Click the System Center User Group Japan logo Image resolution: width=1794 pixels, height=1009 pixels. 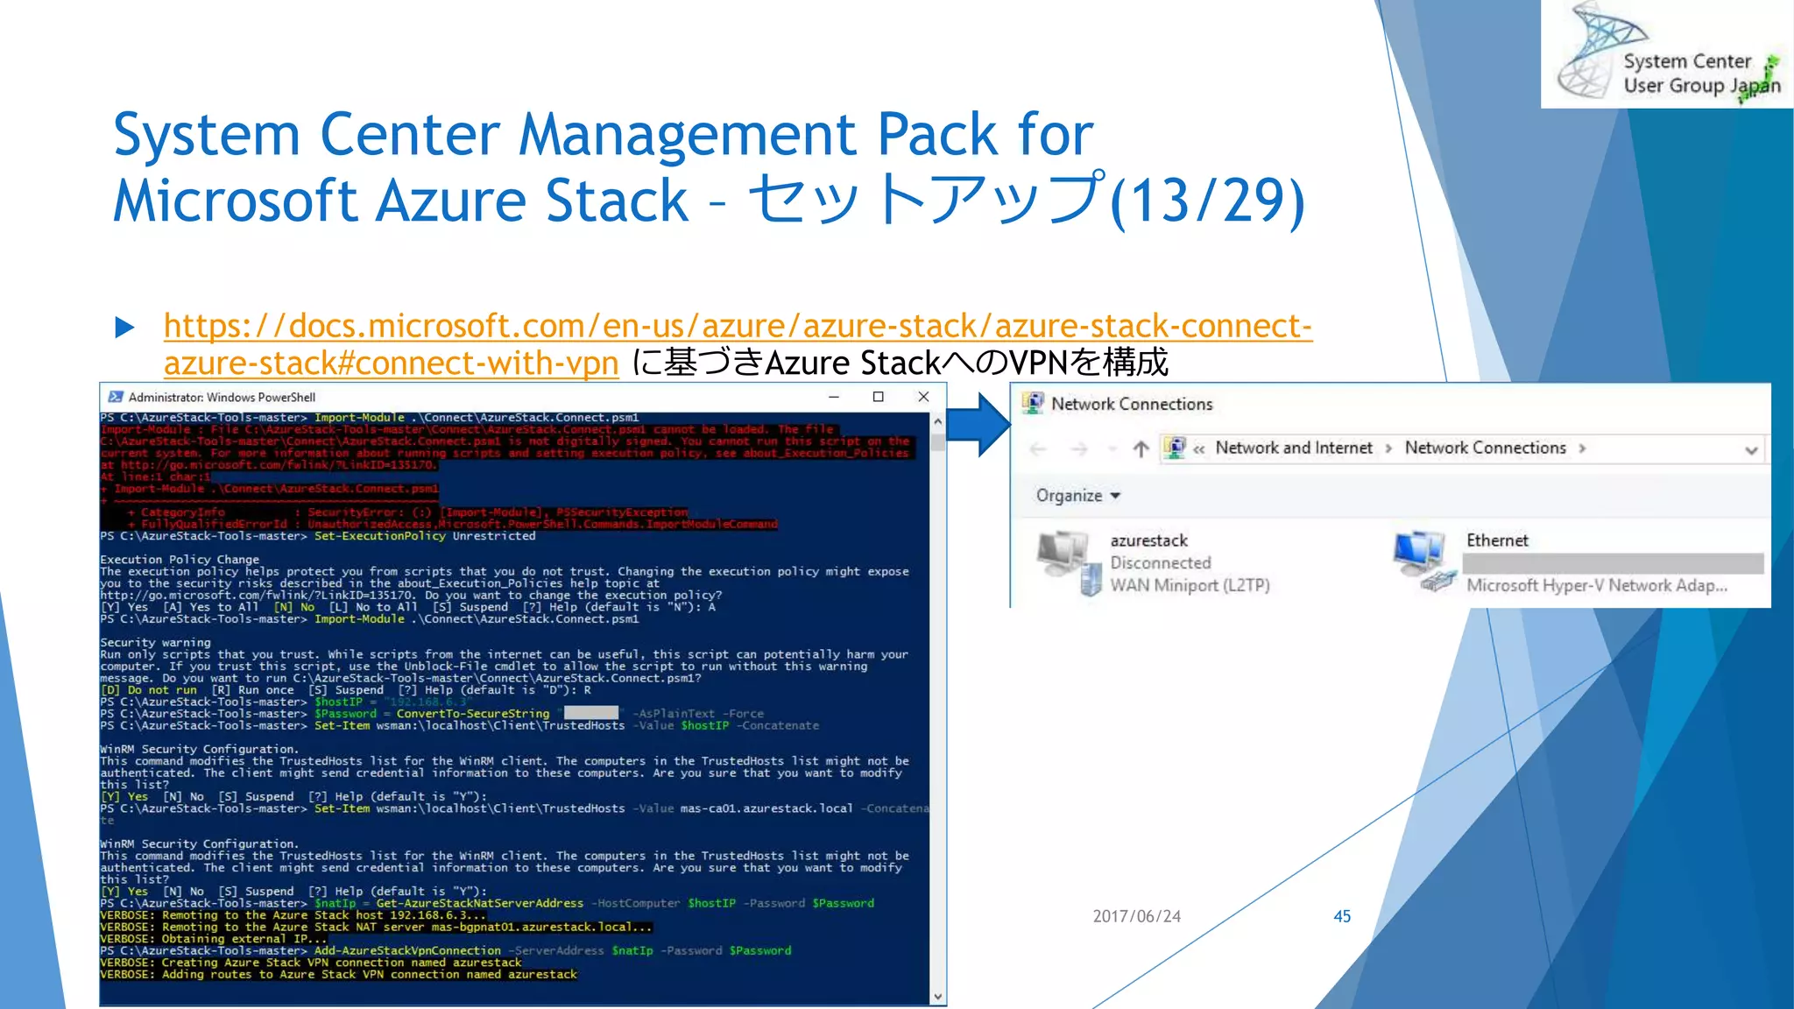[1667, 54]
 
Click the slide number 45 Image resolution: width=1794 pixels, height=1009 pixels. [1341, 916]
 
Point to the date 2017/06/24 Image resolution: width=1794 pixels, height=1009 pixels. [1136, 916]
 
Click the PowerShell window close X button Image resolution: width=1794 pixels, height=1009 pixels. [923, 397]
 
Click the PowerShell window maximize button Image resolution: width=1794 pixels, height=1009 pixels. [878, 397]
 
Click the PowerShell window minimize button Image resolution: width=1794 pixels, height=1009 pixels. [834, 397]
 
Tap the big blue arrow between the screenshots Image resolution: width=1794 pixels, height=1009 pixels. [978, 425]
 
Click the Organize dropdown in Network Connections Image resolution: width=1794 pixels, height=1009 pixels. [1077, 496]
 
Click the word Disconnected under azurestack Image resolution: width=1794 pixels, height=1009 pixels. [1161, 563]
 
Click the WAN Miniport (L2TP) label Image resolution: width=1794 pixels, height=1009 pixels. [1190, 585]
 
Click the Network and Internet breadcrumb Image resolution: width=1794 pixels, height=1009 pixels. [1293, 448]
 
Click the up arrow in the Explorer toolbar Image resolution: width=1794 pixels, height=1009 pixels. [1140, 449]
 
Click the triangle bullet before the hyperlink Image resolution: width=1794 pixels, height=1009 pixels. [124, 328]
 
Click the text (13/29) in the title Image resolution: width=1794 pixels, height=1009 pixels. [1207, 201]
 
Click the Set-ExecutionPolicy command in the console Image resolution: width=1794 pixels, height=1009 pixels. [379, 536]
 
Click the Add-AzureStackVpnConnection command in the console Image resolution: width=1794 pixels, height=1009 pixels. [407, 950]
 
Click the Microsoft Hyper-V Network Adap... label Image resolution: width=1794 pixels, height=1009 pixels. [1596, 585]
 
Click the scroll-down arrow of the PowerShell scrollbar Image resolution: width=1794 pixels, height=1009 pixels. [938, 997]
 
